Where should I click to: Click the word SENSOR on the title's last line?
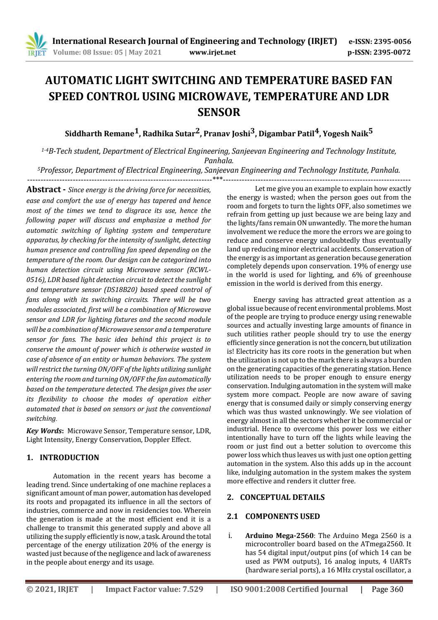pos(219,112)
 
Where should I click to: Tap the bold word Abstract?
pos(43,190)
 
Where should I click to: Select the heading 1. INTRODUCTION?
pos(63,458)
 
